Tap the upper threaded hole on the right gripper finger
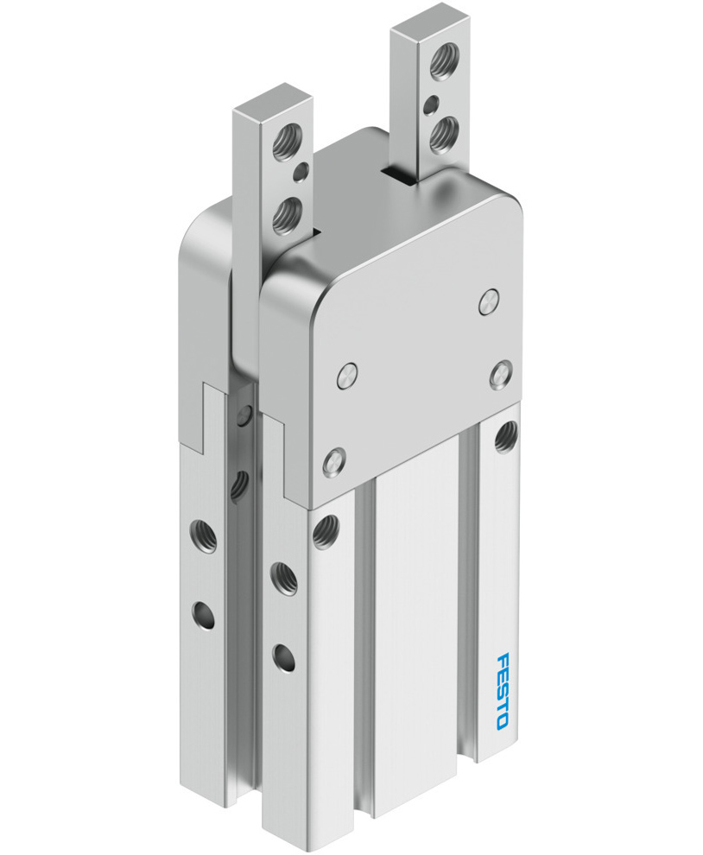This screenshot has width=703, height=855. (x=444, y=60)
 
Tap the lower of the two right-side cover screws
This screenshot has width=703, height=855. (x=501, y=375)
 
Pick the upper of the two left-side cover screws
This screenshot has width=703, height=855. (x=346, y=376)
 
